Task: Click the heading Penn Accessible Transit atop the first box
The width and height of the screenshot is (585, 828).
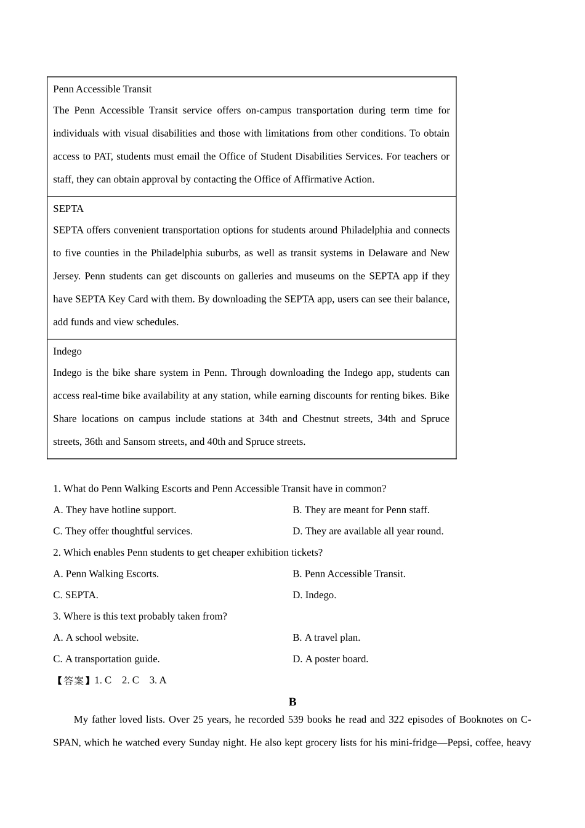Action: [x=102, y=89]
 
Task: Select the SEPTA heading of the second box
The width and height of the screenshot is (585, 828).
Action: [x=68, y=209]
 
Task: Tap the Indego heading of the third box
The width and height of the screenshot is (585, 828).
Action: [x=67, y=351]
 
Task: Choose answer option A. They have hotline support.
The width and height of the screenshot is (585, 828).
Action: [x=115, y=510]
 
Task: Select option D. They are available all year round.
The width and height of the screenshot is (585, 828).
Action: [x=368, y=531]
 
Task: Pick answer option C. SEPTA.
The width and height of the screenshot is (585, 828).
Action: [x=76, y=595]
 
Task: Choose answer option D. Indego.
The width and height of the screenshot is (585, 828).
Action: [x=314, y=595]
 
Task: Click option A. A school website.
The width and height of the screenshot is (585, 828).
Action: [x=96, y=638]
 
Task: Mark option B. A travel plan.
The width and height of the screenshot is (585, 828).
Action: [x=326, y=638]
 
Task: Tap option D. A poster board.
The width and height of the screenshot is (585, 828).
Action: [x=330, y=659]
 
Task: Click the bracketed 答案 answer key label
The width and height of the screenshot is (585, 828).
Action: [x=73, y=681]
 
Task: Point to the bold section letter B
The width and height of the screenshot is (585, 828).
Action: [x=292, y=702]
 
